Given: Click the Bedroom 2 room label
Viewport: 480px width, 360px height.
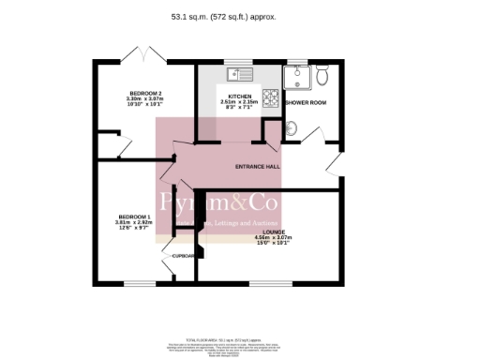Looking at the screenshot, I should pos(145,93).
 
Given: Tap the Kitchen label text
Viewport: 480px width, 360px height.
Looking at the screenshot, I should pos(232,96).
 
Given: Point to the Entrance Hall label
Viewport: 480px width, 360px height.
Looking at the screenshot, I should pos(257,167).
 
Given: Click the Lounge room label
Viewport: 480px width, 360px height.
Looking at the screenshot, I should pos(275,232).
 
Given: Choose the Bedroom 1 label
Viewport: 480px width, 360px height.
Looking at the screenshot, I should pos(132,217).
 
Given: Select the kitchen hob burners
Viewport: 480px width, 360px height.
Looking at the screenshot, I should pos(270,97).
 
